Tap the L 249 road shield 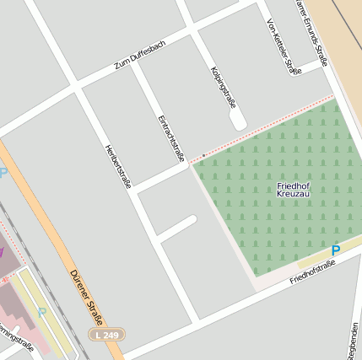coord(108,335)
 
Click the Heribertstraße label coord(116,166)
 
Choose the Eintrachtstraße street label coord(170,137)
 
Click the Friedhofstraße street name coord(312,272)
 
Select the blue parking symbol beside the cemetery coord(335,250)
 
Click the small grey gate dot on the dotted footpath coord(203,155)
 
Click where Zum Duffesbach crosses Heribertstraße coord(76,87)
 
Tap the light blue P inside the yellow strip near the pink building coord(41,312)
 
